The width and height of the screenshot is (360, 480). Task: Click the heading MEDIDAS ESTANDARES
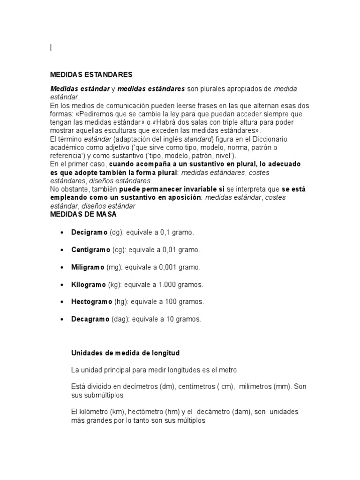[91, 74]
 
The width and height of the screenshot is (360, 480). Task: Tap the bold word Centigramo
[90, 250]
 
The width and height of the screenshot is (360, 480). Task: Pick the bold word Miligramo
[88, 267]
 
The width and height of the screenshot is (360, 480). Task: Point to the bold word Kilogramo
[88, 285]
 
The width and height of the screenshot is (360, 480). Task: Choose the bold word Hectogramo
[91, 302]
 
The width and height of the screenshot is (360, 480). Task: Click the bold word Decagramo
[90, 319]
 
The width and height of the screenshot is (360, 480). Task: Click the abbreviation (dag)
[120, 319]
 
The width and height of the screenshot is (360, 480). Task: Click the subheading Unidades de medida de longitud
[125, 352]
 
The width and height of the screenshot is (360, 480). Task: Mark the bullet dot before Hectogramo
[62, 302]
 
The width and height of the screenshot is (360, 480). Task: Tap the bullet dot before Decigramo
[62, 233]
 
